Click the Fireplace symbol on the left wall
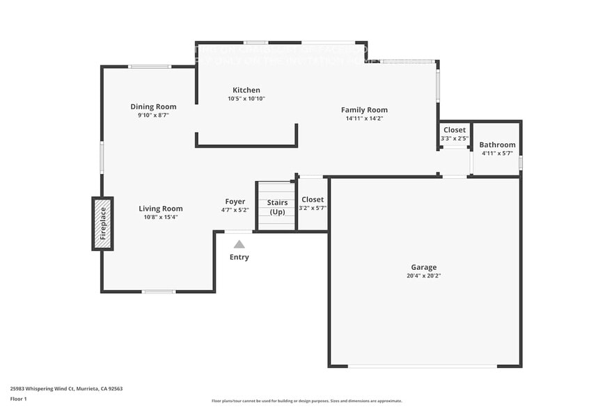(102, 223)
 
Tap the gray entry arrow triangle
(239, 244)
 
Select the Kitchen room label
(246, 90)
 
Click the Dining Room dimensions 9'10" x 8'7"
(153, 115)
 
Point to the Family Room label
(364, 110)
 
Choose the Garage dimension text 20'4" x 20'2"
(424, 275)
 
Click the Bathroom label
(497, 145)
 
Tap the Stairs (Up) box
(277, 207)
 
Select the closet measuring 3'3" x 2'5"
(455, 134)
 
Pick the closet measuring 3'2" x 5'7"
(313, 204)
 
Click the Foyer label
(235, 202)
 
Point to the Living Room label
(161, 209)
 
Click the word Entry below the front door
(239, 257)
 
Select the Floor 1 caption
(19, 399)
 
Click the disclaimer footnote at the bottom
(306, 401)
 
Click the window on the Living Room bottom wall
(159, 291)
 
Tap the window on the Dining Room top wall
(150, 67)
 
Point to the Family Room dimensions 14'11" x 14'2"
(364, 118)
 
